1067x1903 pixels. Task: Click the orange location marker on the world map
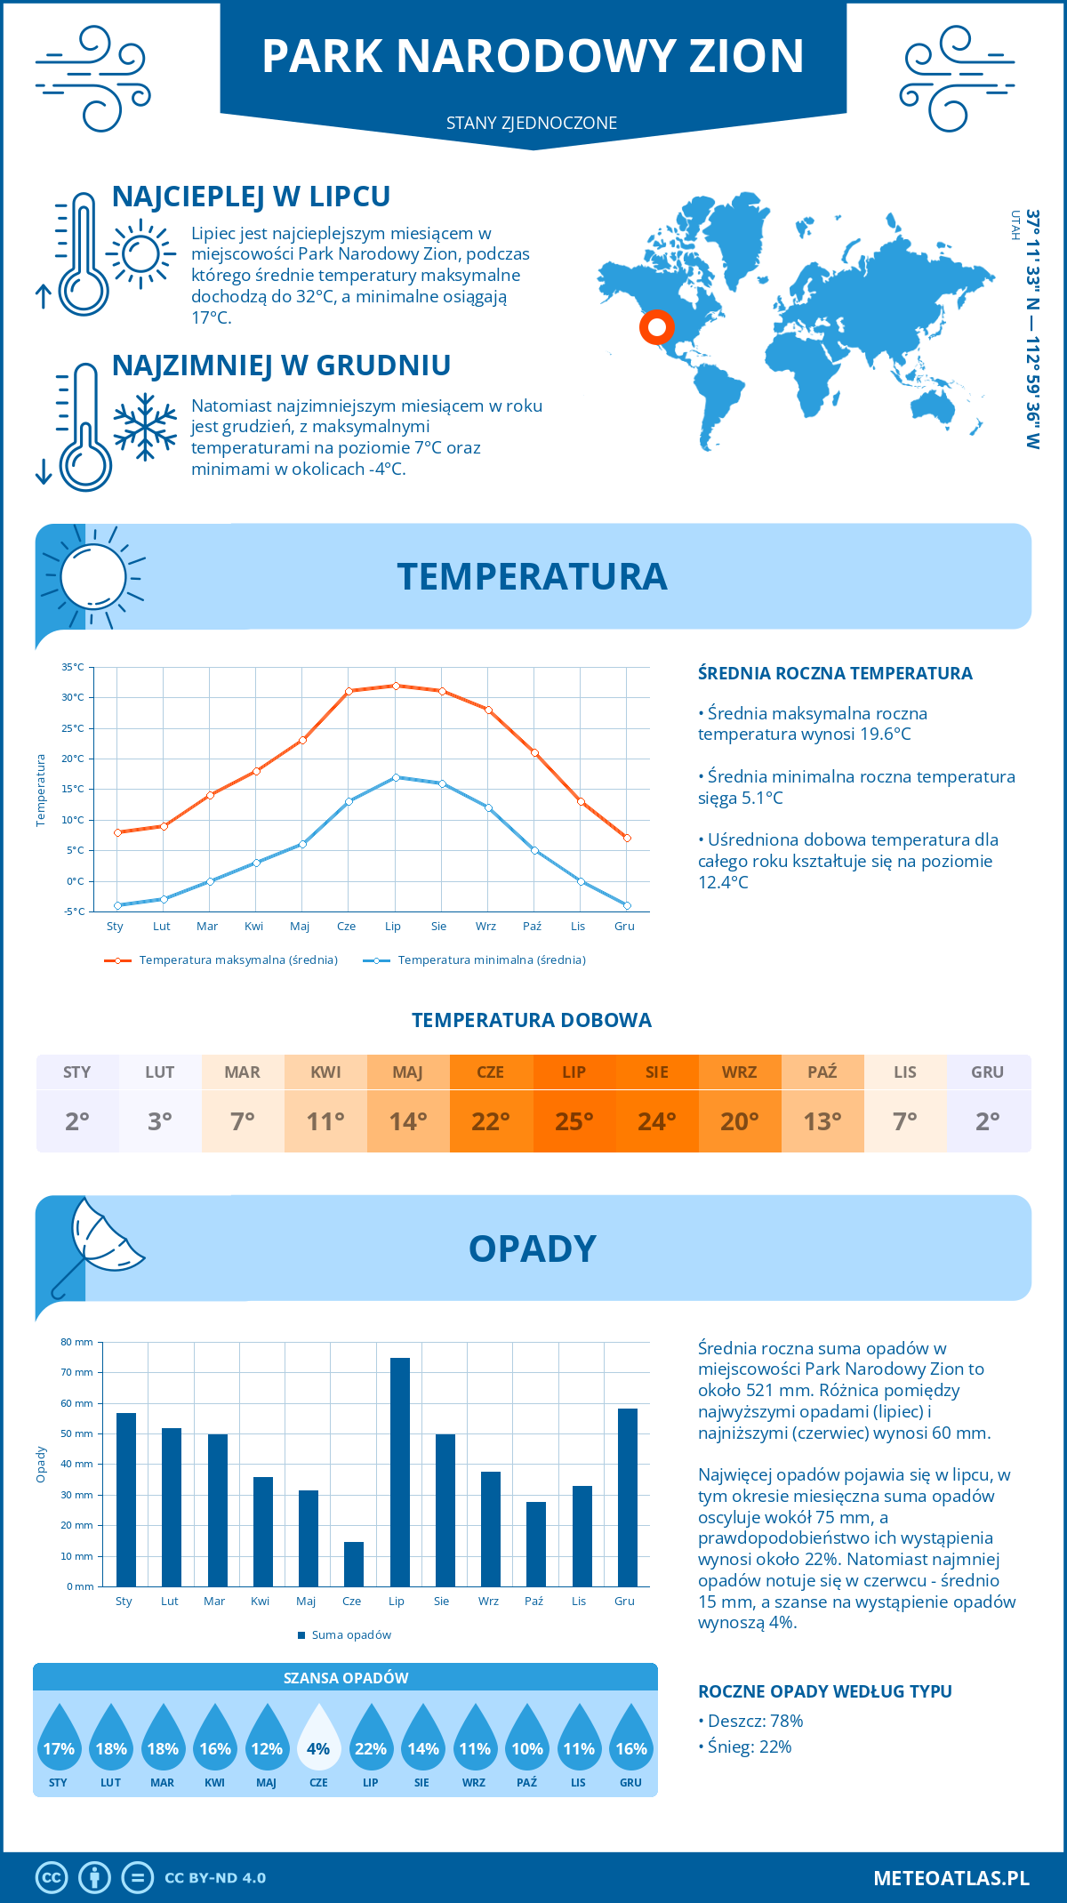[x=657, y=327]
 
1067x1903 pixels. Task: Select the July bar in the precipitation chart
[x=400, y=1472]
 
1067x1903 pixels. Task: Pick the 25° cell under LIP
[x=574, y=1120]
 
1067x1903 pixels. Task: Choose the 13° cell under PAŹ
[x=822, y=1120]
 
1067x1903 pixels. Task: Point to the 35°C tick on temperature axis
[x=73, y=667]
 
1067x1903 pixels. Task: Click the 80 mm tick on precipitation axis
[x=77, y=1342]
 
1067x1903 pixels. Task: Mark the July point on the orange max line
[x=396, y=686]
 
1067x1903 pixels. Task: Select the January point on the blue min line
[x=117, y=905]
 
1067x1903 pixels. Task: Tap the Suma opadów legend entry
[x=350, y=1634]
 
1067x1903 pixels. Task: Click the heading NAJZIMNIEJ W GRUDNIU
[x=281, y=365]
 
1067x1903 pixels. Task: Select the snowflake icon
[x=145, y=428]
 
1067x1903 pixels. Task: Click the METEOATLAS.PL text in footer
[x=951, y=1878]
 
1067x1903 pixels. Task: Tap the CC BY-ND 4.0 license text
[x=215, y=1878]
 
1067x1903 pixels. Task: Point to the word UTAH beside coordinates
[x=1015, y=225]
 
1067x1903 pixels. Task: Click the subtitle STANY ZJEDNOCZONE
[x=532, y=123]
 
